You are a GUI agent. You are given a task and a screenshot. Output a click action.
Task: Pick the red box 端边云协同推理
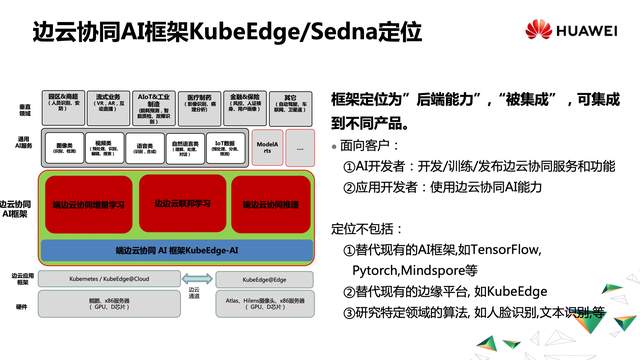tap(271, 203)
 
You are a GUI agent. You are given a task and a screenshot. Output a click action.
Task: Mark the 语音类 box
tap(142, 147)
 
